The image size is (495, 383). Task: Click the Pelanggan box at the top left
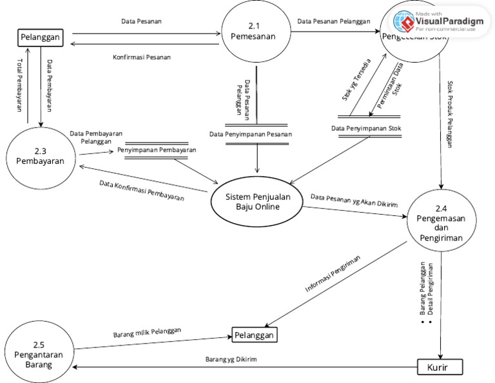click(x=40, y=38)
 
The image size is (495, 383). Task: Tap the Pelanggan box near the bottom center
click(x=254, y=335)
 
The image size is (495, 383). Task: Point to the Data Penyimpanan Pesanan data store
click(x=251, y=134)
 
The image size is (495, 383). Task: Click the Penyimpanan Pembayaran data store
click(x=157, y=150)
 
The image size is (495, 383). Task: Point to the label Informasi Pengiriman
click(x=332, y=274)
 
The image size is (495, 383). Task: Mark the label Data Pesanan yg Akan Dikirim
click(x=354, y=200)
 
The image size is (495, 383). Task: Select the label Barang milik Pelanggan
click(x=147, y=332)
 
